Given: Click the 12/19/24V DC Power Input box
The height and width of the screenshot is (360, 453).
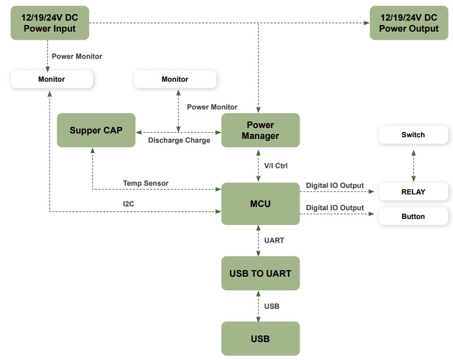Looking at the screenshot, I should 50,23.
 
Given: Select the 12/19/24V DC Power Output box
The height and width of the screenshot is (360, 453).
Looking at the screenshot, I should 408,23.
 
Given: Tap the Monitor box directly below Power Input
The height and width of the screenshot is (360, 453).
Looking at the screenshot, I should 51,80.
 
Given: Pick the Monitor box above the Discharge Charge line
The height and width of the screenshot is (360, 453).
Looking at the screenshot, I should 175,80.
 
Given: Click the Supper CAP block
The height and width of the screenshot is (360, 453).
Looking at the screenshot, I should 96,130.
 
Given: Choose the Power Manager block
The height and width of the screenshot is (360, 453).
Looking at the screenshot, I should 260,130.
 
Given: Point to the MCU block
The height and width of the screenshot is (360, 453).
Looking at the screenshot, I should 260,204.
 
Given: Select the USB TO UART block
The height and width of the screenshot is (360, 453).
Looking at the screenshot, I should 260,273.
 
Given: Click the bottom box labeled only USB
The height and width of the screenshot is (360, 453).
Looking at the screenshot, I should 260,339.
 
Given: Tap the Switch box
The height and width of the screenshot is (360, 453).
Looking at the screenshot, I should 413,135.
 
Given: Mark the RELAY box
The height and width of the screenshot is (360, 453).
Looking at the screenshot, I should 413,192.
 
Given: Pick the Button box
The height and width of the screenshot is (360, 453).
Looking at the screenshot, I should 413,216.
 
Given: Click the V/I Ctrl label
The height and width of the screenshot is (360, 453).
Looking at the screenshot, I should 276,166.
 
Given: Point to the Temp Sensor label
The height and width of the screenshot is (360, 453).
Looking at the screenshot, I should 146,183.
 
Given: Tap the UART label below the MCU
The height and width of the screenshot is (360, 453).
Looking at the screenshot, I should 274,240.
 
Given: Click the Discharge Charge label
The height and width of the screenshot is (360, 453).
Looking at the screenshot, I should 179,141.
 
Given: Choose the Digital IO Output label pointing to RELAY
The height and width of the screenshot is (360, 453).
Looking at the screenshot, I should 335,186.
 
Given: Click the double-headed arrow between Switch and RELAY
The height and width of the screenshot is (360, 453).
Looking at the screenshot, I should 413,163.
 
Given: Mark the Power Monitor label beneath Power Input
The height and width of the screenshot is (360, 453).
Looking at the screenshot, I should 77,56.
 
